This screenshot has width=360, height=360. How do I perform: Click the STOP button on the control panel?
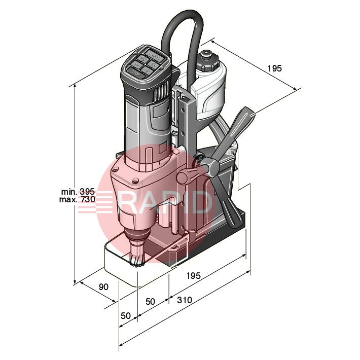pos(136,74)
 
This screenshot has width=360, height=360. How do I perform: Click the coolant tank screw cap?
pos(207,61)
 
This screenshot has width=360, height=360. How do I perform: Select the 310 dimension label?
pos(184,300)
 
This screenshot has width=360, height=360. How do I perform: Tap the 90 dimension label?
pos(103,287)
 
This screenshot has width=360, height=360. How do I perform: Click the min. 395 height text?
pos(78,192)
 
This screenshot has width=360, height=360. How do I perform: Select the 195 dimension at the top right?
pos(274,68)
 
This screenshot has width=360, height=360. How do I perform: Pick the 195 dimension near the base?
pos(193,276)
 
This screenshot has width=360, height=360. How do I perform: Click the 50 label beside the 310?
pos(150,301)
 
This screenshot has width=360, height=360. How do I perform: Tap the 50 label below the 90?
pos(126,315)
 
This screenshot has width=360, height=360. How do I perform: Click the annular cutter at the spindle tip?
pos(138,258)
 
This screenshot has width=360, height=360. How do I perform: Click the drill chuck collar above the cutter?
pos(138,236)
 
